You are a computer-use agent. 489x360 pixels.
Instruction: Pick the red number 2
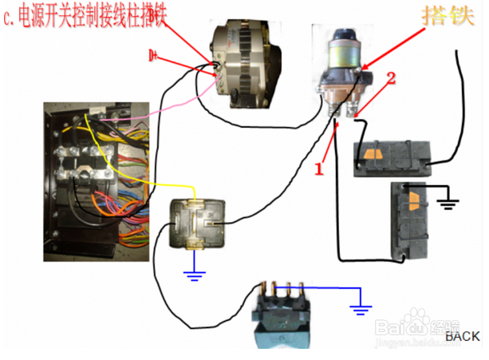pyautogui.click(x=391, y=78)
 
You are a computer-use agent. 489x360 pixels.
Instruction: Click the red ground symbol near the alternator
pyautogui.click(x=154, y=55)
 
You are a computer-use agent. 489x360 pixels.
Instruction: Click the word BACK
pyautogui.click(x=463, y=336)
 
